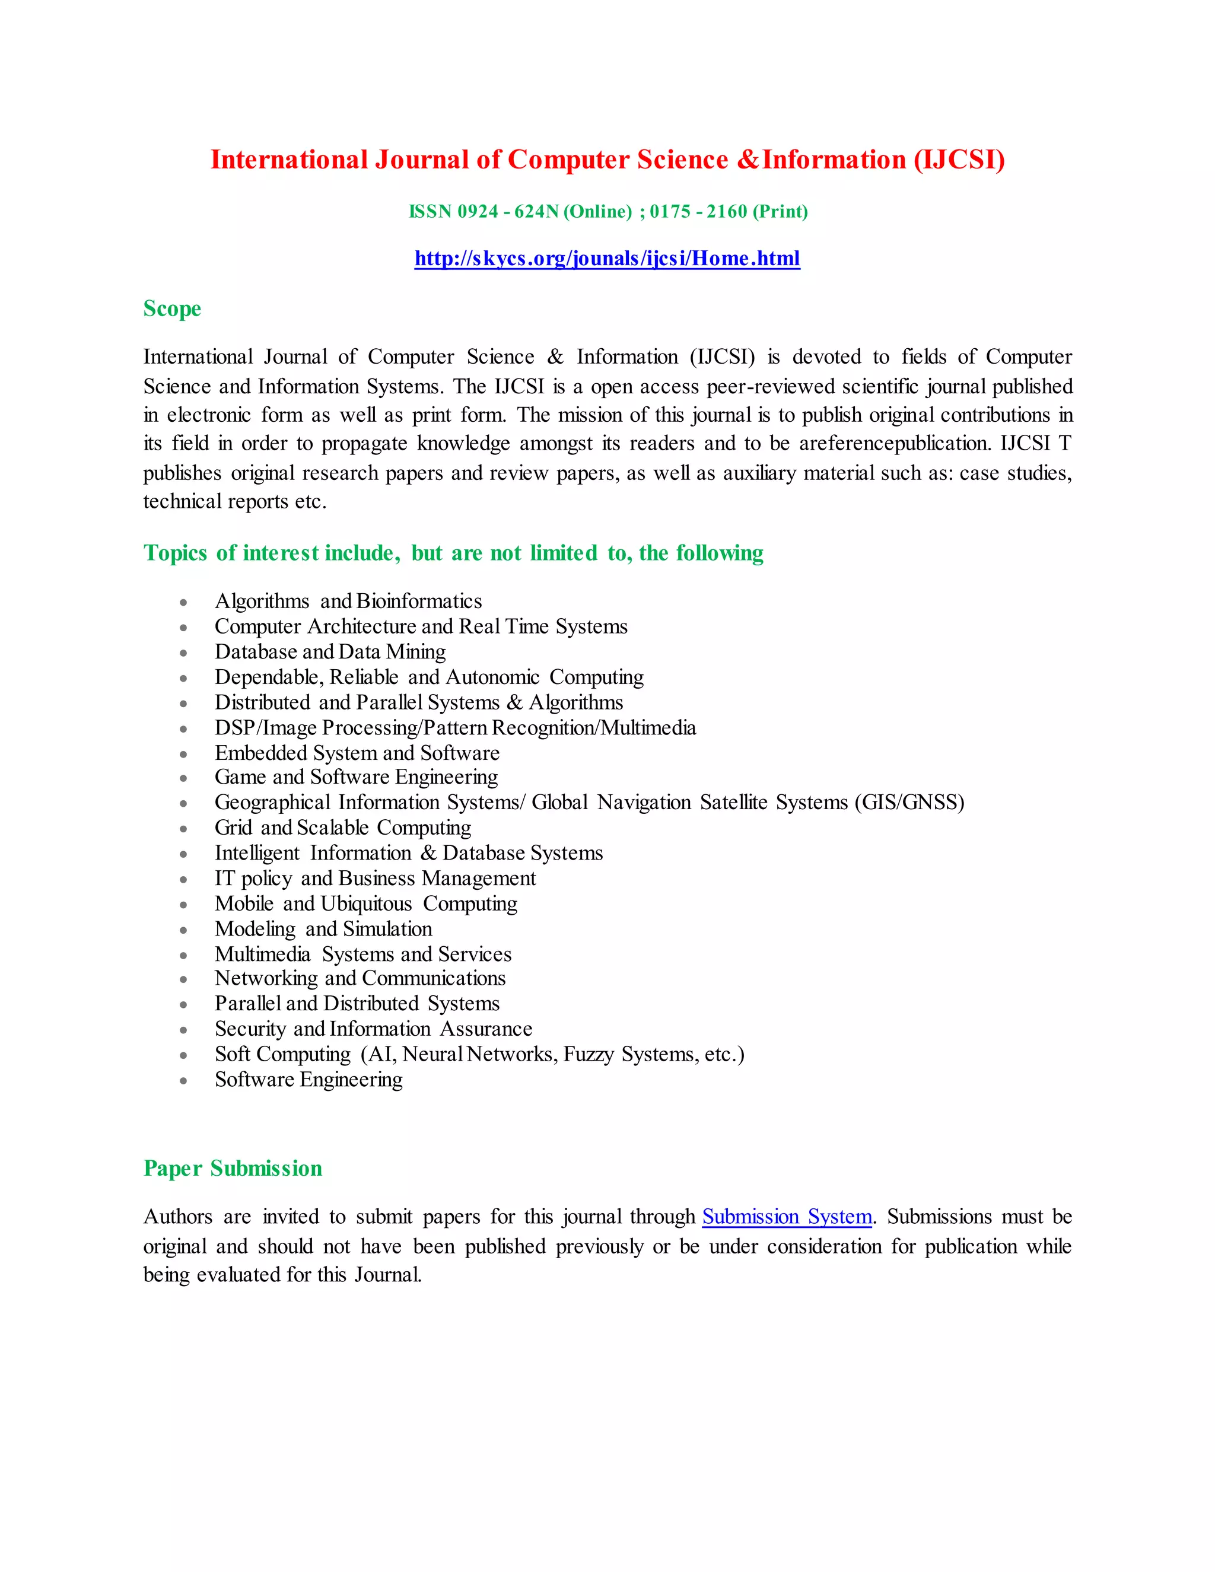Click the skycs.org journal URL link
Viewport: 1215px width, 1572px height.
coord(607,259)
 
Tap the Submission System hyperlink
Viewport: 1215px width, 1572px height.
coord(787,1217)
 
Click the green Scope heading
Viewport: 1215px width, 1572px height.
coord(172,309)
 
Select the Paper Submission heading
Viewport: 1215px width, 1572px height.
coord(233,1167)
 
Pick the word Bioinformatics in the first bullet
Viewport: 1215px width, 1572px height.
coord(419,601)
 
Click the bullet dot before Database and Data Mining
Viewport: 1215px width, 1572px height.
coord(183,653)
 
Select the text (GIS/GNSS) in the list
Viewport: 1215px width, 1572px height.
coord(909,803)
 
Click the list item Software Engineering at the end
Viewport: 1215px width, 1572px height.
coord(308,1080)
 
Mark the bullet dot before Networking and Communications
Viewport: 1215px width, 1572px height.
coord(183,979)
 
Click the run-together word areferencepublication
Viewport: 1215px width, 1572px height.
coord(895,443)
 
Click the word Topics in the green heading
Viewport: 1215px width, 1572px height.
coord(175,553)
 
